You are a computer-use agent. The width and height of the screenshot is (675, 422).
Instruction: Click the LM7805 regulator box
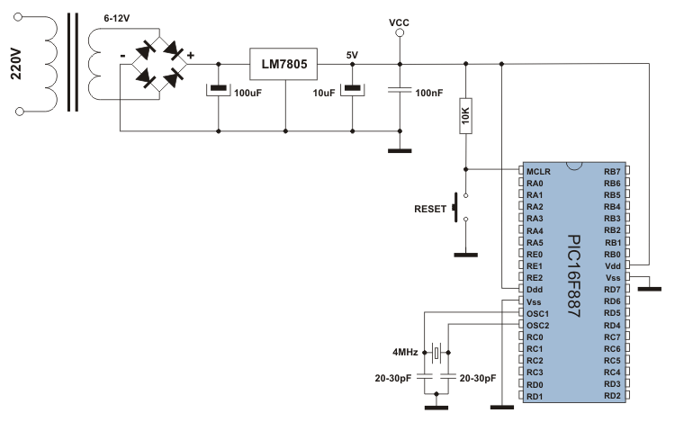(283, 64)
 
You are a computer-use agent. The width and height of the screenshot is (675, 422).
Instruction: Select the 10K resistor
(466, 116)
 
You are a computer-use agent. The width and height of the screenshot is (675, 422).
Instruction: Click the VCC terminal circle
(400, 32)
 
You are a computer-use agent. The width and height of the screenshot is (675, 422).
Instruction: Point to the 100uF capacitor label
(248, 93)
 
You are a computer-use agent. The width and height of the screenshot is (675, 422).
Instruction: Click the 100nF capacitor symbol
(400, 90)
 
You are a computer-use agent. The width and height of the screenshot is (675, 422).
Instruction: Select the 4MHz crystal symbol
(436, 353)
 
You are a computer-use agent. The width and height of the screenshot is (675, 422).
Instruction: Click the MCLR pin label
(538, 172)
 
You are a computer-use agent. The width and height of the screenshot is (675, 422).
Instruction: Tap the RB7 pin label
(612, 172)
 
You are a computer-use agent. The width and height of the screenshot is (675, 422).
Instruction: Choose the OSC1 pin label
(537, 314)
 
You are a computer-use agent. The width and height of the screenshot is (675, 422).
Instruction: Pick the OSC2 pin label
(537, 326)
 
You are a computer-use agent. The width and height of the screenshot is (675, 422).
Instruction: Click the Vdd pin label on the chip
(613, 266)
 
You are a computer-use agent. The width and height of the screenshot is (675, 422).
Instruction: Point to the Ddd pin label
(535, 290)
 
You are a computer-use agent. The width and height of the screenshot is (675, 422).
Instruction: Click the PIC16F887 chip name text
(574, 275)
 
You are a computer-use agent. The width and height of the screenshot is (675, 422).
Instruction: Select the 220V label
(16, 64)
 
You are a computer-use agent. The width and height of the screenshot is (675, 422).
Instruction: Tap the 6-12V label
(117, 19)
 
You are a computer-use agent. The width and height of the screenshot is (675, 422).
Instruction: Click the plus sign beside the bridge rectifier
(190, 55)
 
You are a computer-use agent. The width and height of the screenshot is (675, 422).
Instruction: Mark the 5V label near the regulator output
(352, 55)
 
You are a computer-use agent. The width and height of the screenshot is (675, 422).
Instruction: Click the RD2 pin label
(612, 396)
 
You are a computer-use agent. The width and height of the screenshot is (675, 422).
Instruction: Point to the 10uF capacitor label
(324, 93)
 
